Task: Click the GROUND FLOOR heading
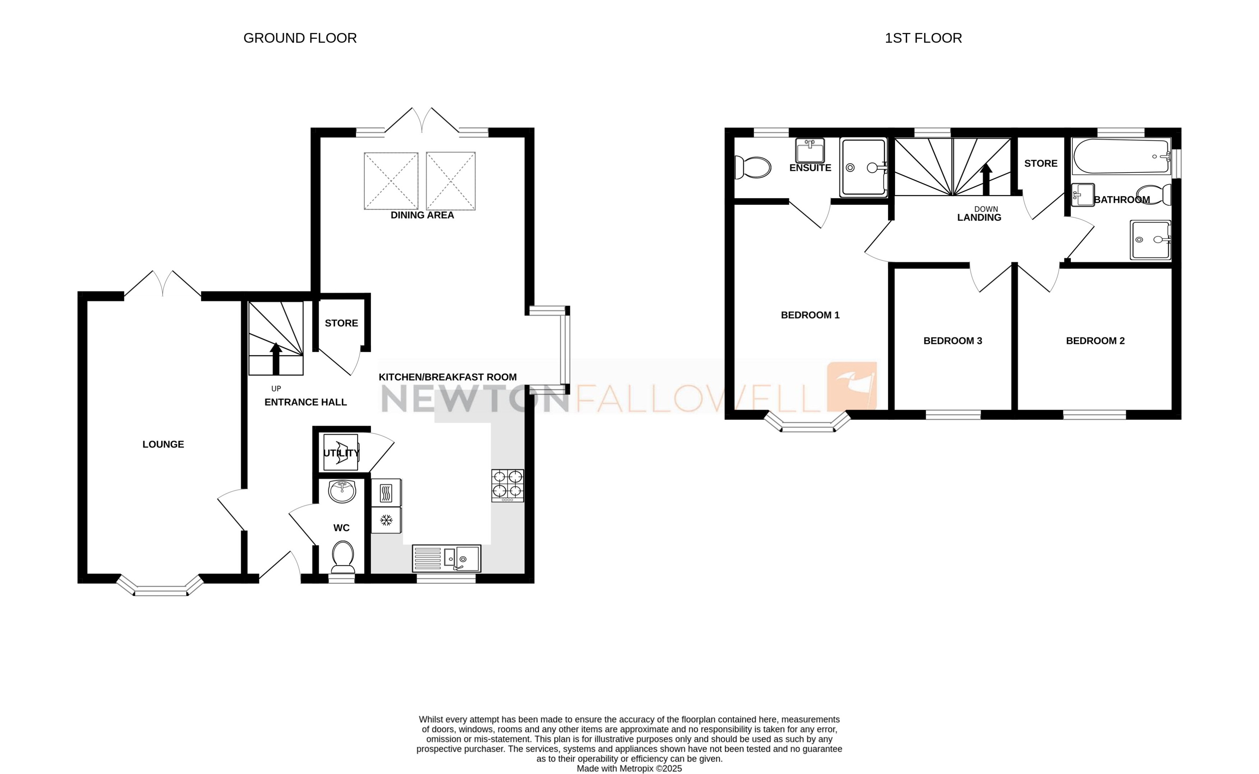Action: [x=300, y=38]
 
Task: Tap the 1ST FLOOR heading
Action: [x=923, y=38]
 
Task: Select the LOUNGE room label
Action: [x=163, y=444]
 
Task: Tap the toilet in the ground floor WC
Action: [x=343, y=557]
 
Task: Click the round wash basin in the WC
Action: [x=342, y=491]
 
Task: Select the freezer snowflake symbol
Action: [x=386, y=521]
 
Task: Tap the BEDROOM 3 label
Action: [x=952, y=341]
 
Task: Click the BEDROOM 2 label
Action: [x=1095, y=341]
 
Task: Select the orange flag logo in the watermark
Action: [x=852, y=386]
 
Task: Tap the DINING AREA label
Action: [x=422, y=215]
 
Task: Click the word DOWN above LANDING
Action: [x=986, y=209]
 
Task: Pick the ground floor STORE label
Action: [x=341, y=323]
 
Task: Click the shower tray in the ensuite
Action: [x=864, y=168]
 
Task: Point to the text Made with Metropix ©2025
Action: [x=629, y=768]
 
